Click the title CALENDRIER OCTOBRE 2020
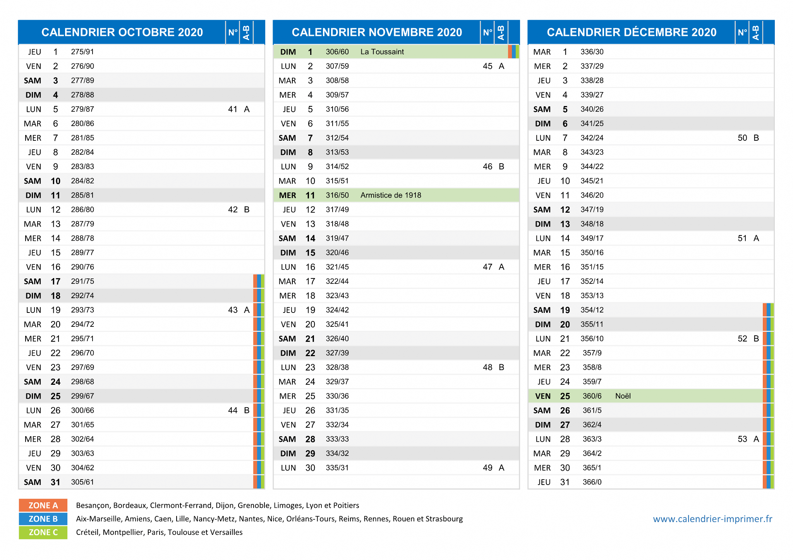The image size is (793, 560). (x=122, y=32)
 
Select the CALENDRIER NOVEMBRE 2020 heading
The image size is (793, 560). (x=377, y=32)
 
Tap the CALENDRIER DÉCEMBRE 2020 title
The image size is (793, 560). (x=632, y=32)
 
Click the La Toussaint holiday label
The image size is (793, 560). (x=382, y=52)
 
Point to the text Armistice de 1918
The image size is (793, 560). (x=391, y=195)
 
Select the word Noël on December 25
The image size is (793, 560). (x=623, y=396)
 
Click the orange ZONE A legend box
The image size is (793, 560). (x=43, y=505)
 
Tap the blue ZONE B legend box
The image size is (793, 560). (x=43, y=519)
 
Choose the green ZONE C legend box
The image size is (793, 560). (x=43, y=533)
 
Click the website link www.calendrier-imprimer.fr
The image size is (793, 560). (x=712, y=519)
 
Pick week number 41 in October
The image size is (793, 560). (x=233, y=109)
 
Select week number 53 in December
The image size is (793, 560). (x=742, y=439)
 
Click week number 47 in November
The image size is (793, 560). (x=487, y=267)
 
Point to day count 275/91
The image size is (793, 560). (x=82, y=52)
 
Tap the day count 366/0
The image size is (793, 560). (x=592, y=482)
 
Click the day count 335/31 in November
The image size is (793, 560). (x=337, y=468)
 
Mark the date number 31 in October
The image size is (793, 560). (x=55, y=482)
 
